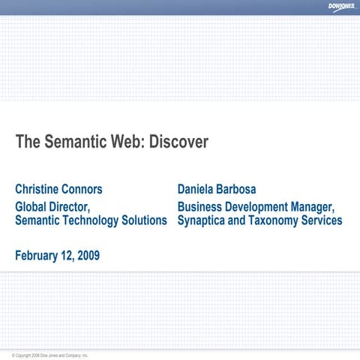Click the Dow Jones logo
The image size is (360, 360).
(x=341, y=7)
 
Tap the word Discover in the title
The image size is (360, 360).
(x=178, y=142)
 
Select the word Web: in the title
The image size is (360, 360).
(x=126, y=142)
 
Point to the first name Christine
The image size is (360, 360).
(x=39, y=189)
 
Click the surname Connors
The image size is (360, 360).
(x=84, y=189)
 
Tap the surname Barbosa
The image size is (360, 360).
(x=245, y=189)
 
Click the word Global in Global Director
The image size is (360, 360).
(x=34, y=206)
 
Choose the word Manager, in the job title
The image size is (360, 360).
(x=311, y=206)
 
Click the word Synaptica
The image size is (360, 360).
(x=203, y=220)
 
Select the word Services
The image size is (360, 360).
(x=319, y=220)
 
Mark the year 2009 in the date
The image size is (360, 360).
(x=87, y=256)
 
